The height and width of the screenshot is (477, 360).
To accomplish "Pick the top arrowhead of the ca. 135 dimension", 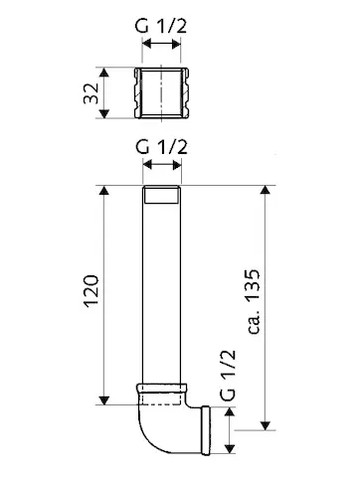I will (x=267, y=190).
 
